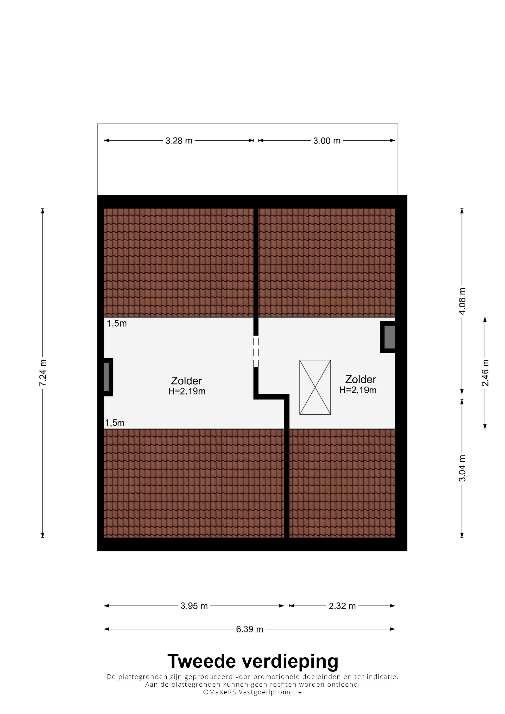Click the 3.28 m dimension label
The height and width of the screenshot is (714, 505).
179,141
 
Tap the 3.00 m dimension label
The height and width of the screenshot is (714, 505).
327,141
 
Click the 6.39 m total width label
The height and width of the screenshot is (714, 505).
250,629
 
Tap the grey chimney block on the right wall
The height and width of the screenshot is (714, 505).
389,337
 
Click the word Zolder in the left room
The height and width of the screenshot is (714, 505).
187,381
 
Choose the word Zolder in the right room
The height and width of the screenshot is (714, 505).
361,379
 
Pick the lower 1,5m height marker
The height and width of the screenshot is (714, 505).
115,423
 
